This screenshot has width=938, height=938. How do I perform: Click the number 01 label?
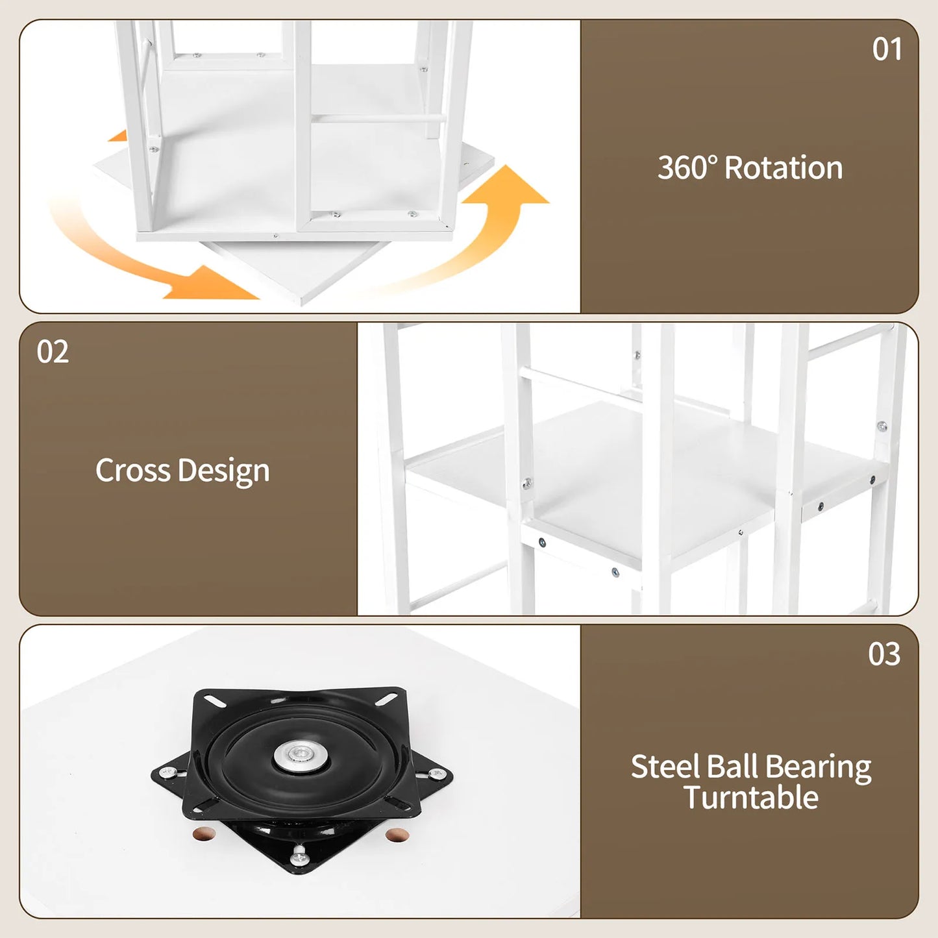pos(887,49)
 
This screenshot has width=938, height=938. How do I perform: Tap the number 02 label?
pos(53,352)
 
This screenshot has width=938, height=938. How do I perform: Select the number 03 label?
pos(884,654)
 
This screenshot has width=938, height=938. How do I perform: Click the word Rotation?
pos(784,168)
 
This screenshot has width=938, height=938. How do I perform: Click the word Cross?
pos(132,471)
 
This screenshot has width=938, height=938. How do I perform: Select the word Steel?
pos(665,767)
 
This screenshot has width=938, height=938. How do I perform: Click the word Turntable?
pos(751,798)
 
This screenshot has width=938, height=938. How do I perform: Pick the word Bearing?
pos(821,767)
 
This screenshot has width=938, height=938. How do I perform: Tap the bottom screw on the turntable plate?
pos(299,858)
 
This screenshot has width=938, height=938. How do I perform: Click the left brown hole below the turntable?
pos(204,833)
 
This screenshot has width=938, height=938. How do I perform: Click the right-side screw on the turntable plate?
pos(436,773)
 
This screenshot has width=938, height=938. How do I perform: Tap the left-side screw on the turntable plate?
pos(168,772)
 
